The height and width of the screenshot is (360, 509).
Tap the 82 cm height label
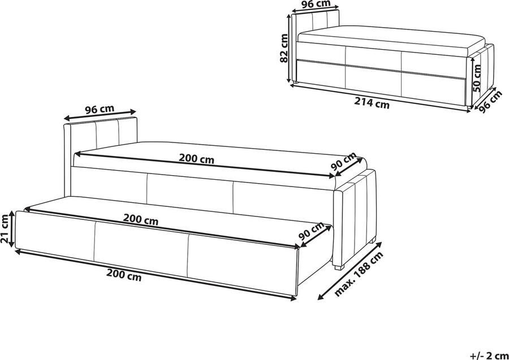(x=284, y=47)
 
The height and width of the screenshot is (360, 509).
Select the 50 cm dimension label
(x=477, y=79)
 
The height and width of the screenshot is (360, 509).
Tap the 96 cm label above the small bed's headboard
(x=316, y=5)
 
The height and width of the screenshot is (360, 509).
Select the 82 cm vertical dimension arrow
(x=291, y=48)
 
